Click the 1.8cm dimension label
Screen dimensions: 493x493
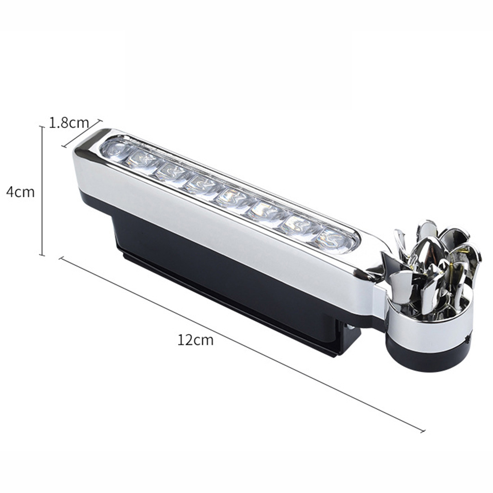pos(69,123)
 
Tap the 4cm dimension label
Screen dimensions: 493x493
pos(21,191)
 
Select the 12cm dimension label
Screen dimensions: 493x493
pos(195,340)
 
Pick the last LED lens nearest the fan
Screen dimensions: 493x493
pos(333,242)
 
